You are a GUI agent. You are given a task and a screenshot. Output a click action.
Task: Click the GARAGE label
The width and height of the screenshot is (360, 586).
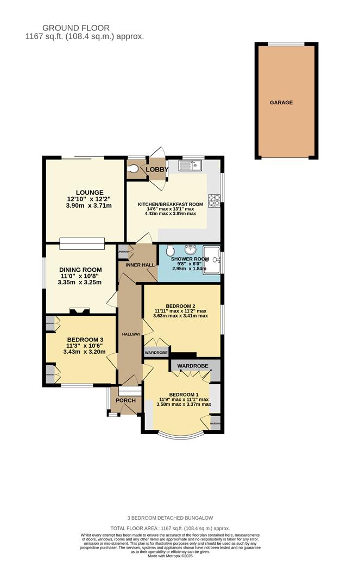pos(281,102)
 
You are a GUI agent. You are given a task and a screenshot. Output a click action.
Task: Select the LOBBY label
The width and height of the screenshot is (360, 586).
pos(156,170)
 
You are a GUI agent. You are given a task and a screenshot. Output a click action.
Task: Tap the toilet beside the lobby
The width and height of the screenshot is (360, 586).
pos(132,169)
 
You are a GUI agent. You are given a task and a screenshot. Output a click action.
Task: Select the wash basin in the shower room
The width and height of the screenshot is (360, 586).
pos(191,250)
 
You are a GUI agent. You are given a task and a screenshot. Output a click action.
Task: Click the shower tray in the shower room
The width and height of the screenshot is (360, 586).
pos(211,260)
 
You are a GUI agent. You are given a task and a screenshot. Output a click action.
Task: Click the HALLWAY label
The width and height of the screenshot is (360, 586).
pos(131,334)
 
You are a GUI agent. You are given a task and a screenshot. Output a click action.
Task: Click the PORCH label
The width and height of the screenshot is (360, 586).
pos(125,400)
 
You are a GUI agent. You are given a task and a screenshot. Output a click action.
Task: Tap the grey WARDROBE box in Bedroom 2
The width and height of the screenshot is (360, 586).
pos(156,353)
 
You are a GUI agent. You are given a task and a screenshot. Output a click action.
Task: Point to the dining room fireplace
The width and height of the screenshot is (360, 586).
pos(80,311)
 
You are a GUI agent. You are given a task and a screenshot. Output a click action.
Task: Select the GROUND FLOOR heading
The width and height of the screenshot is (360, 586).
pos(76,28)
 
